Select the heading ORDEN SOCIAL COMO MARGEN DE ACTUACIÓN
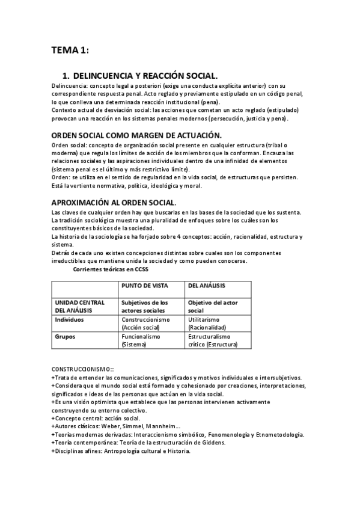(136, 135)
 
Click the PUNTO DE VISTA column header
(145, 285)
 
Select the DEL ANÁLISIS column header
(208, 285)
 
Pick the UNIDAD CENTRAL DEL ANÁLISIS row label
(80, 306)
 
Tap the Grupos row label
(66, 337)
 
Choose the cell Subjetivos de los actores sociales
(145, 306)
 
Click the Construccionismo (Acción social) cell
(145, 324)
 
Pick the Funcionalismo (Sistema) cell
(141, 341)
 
